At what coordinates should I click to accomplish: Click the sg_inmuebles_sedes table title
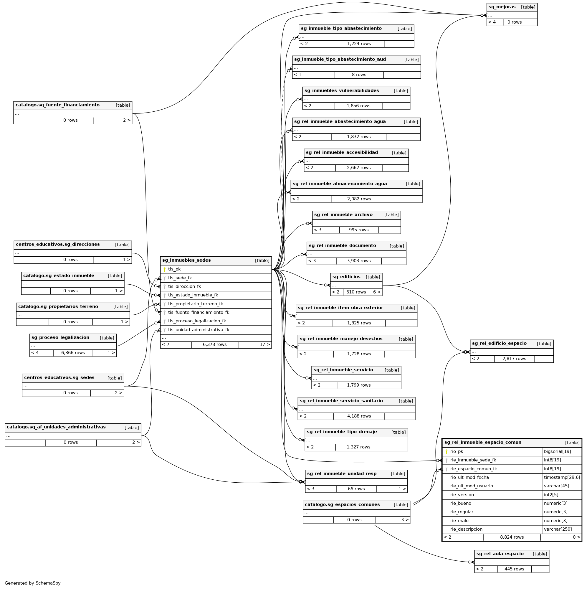point(186,260)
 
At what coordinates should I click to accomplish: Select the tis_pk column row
point(174,269)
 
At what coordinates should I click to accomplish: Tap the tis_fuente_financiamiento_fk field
point(199,313)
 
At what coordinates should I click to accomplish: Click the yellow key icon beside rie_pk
point(447,451)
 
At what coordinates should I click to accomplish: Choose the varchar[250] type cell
point(558,529)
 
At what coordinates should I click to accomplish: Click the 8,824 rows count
point(512,537)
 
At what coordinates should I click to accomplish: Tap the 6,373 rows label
point(214,344)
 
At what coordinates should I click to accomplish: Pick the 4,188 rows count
point(359,416)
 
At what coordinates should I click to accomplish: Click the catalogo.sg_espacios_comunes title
point(342,504)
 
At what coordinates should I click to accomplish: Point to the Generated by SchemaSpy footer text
point(33,583)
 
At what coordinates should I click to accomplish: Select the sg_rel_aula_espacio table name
point(500,554)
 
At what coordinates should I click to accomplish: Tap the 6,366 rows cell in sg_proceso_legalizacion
point(73,353)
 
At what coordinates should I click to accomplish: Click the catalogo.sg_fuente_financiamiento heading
point(58,105)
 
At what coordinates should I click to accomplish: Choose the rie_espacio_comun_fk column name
point(473,469)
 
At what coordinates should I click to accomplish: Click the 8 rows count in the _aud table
point(359,75)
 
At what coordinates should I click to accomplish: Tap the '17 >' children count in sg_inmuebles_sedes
point(264,344)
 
